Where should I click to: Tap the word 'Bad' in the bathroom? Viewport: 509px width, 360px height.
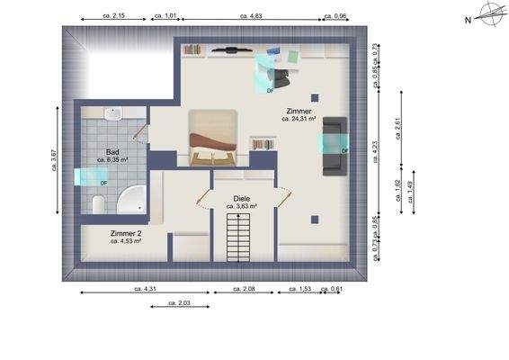click(x=112, y=152)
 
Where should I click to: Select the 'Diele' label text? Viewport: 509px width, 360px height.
click(x=241, y=199)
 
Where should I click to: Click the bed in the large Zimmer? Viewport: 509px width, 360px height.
click(x=213, y=138)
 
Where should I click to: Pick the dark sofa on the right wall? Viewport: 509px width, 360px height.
click(x=334, y=146)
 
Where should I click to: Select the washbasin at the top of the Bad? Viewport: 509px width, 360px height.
click(x=112, y=114)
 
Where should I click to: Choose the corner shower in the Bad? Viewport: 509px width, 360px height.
click(x=132, y=199)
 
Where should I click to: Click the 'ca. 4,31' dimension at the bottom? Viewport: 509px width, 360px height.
click(x=145, y=289)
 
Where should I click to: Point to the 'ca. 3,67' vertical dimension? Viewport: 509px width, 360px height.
click(x=55, y=160)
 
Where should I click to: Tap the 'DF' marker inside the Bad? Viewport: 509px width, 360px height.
click(x=103, y=183)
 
